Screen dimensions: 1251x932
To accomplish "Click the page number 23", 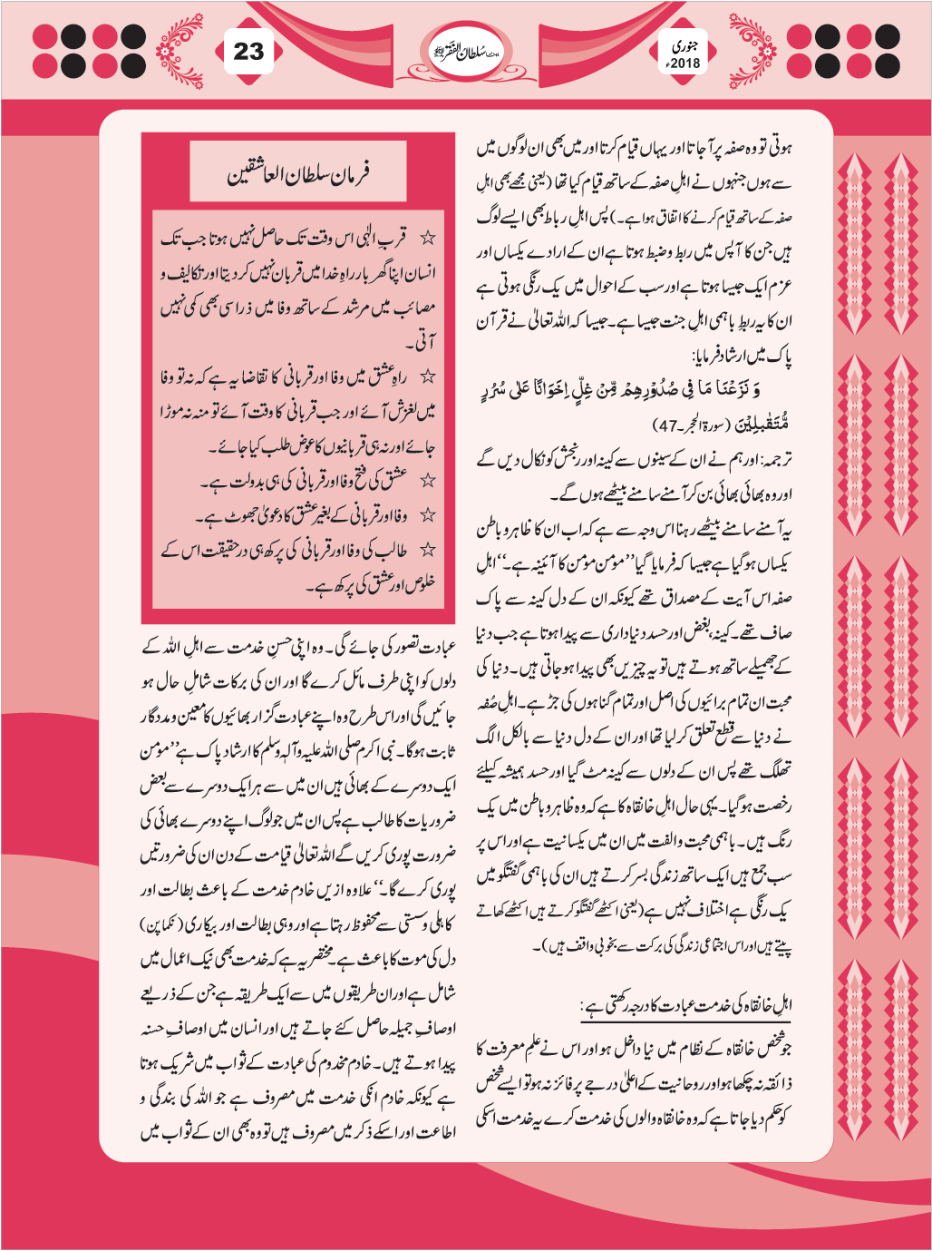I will pos(248,52).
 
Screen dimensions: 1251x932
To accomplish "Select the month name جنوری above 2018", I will pos(684,44).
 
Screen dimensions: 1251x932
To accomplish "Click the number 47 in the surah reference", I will pos(668,425).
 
